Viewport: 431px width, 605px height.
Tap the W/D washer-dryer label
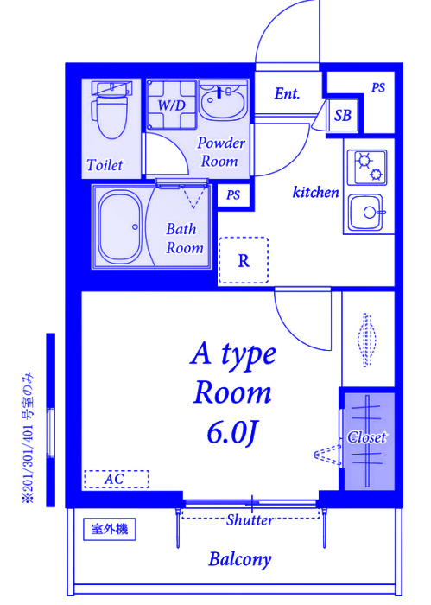pyautogui.click(x=172, y=105)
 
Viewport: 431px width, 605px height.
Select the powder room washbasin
pyautogui.click(x=223, y=101)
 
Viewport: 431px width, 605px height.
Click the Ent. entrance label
pyautogui.click(x=288, y=93)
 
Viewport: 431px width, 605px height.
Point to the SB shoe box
pyautogui.click(x=343, y=115)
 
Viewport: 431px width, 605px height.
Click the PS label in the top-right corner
pyautogui.click(x=378, y=88)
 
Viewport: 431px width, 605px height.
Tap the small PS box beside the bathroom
pyautogui.click(x=233, y=195)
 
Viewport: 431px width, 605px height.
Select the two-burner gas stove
pyautogui.click(x=367, y=167)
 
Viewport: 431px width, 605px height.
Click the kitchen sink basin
pyautogui.click(x=366, y=213)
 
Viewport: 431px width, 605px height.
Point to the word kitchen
pyautogui.click(x=316, y=192)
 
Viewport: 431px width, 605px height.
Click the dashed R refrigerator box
pyautogui.click(x=244, y=260)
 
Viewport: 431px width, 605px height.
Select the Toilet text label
pyautogui.click(x=105, y=165)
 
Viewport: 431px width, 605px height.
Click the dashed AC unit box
pyautogui.click(x=116, y=479)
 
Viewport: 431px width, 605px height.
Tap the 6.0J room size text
pyautogui.click(x=231, y=432)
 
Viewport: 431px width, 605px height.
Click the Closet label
pyautogui.click(x=366, y=437)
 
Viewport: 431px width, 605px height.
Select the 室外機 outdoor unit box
pyautogui.click(x=110, y=529)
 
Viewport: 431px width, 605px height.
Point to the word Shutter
pyautogui.click(x=250, y=519)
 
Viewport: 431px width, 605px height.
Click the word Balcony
pyautogui.click(x=240, y=559)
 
